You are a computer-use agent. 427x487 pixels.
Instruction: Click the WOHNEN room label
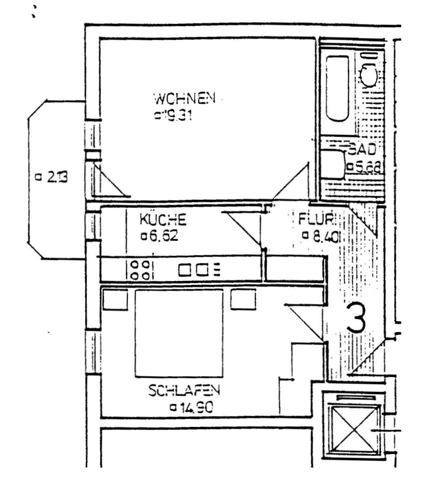coord(184,98)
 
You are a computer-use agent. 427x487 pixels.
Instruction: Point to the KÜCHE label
coord(163,219)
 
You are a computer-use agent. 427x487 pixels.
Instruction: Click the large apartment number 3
coord(357,318)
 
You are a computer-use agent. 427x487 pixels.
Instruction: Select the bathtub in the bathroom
coord(337,88)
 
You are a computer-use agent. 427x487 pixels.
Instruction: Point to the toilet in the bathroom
coord(369,74)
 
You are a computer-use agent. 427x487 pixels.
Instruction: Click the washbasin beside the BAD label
coord(332,165)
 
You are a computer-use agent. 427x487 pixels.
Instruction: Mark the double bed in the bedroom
coord(179,333)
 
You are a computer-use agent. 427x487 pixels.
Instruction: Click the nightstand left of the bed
coord(115,299)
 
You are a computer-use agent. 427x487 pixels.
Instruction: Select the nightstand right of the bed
coord(243,299)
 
